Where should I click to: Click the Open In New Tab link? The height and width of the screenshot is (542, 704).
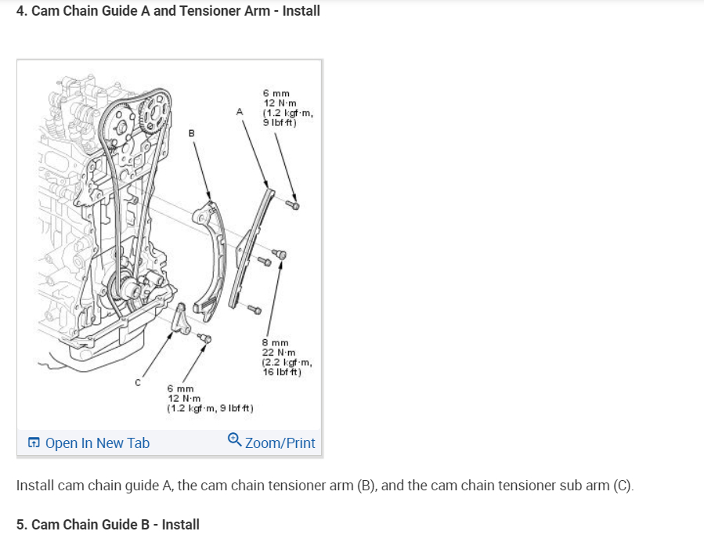click(96, 443)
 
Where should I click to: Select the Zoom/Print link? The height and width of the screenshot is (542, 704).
click(280, 443)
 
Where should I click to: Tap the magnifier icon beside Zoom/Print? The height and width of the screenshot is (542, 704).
click(234, 442)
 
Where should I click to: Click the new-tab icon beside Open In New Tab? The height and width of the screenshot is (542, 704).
click(34, 443)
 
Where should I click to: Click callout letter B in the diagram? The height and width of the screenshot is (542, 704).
click(190, 133)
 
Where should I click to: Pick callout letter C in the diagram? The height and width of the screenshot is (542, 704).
click(138, 383)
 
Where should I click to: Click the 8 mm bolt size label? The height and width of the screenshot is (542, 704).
click(275, 343)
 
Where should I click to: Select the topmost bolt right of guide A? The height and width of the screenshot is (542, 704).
click(294, 205)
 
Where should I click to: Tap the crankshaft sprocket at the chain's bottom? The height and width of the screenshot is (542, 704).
click(128, 289)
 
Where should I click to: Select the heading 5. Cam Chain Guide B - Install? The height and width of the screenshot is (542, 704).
click(108, 524)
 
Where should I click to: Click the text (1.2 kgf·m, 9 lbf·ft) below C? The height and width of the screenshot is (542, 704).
click(210, 408)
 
